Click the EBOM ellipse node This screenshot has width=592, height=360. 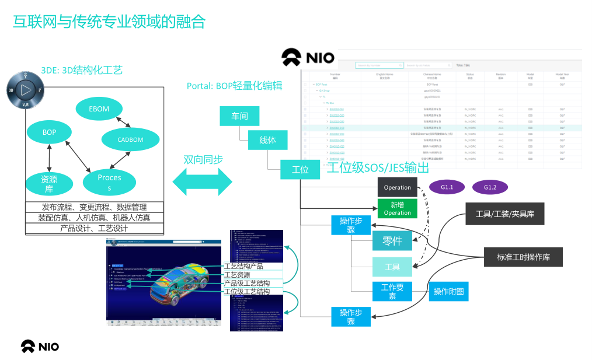pyautogui.click(x=100, y=109)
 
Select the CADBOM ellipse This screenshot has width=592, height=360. pyautogui.click(x=130, y=139)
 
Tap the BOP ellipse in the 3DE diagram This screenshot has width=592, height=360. pyautogui.click(x=50, y=132)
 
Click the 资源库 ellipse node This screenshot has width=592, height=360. pyautogui.click(x=50, y=184)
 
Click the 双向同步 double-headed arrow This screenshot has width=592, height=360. pyautogui.click(x=202, y=181)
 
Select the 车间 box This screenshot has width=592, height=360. pyautogui.click(x=239, y=116)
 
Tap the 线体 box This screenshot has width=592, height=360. pyautogui.click(x=267, y=140)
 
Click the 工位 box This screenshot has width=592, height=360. pyautogui.click(x=300, y=170)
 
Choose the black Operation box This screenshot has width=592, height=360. pyautogui.click(x=398, y=188)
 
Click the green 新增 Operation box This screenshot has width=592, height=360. pyautogui.click(x=398, y=208)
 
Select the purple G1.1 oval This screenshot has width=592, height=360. pyautogui.click(x=447, y=187)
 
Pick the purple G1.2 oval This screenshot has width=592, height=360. pyautogui.click(x=490, y=187)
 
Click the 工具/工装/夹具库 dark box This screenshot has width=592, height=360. pyautogui.click(x=505, y=214)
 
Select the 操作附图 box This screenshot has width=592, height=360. pyautogui.click(x=449, y=291)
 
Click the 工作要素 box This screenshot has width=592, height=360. pyautogui.click(x=392, y=291)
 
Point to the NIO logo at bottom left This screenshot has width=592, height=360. pyautogui.click(x=40, y=346)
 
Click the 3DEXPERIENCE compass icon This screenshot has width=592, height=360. pyautogui.click(x=24, y=90)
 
